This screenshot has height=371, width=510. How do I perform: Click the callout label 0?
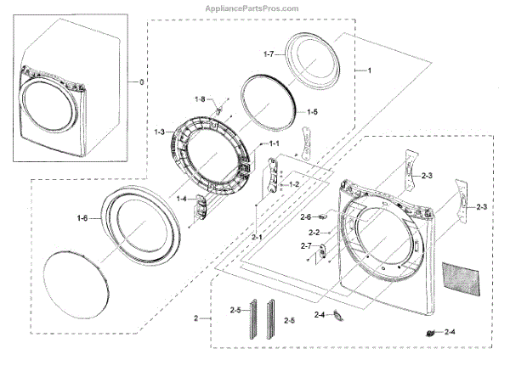[142, 82]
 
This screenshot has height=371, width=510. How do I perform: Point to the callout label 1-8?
[200, 100]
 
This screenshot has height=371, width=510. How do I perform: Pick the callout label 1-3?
[160, 132]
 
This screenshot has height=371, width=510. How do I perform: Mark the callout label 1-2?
[294, 184]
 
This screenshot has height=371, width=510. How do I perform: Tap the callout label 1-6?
[82, 218]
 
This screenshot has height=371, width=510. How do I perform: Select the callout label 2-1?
[257, 237]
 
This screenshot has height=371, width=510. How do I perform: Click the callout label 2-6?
[306, 216]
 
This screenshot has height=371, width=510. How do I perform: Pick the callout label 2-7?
[306, 246]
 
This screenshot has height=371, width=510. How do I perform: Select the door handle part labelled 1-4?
[201, 205]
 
